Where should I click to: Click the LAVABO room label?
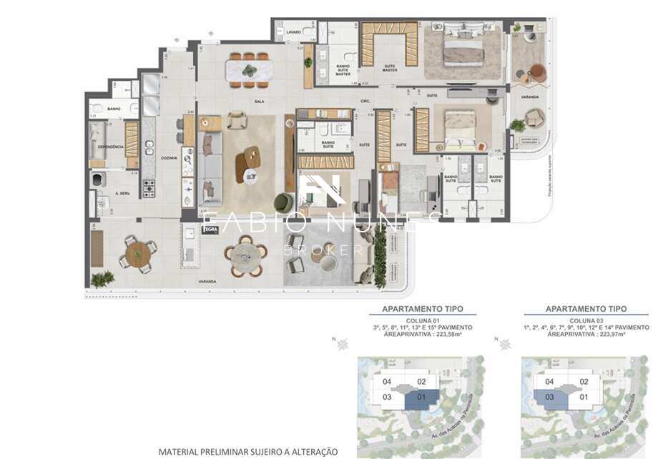pos(293,32)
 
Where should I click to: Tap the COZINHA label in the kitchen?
pos(170,158)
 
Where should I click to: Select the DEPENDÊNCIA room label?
pos(111,147)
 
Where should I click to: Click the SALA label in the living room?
pos(259,102)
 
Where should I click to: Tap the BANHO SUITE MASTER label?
pos(343,70)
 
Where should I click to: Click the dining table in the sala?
pos(247,70)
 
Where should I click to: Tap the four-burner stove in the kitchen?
pos(149,188)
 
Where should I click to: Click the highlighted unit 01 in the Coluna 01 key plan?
pos(421,398)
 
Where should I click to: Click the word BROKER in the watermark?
pos(323,250)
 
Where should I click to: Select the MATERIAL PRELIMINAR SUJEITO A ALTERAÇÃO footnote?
pos(247,452)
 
